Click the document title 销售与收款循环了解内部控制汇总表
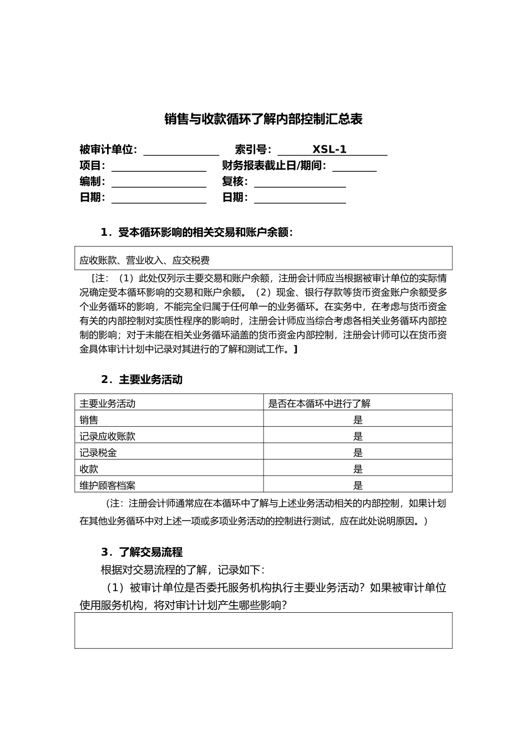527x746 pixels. pos(263,119)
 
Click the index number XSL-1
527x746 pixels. pos(330,149)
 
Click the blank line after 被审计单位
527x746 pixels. pos(181,151)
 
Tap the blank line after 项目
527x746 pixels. pos(159,167)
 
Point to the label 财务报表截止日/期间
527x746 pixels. pos(274,165)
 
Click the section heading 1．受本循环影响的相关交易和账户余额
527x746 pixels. pos(196,233)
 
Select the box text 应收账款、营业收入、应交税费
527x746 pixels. pos(145,260)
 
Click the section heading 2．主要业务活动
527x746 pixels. pos(141,380)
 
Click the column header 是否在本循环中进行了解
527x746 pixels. pos(320,404)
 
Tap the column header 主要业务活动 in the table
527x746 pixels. pos(108,404)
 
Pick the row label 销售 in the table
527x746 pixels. pos(89,420)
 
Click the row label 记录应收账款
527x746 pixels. pos(108,436)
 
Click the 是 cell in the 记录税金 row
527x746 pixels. pos(358,453)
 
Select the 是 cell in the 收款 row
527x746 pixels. pos(358,469)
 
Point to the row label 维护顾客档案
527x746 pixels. pos(108,485)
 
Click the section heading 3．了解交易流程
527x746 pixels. pos(141,552)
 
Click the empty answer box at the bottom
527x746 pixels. pos(263,631)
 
